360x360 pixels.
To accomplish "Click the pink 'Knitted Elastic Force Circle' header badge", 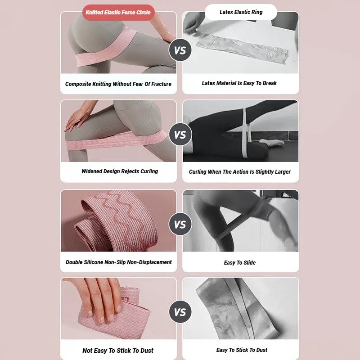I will coord(118,13).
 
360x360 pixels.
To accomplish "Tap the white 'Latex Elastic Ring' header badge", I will coord(241,12).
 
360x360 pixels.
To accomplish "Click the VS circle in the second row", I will coord(180,135).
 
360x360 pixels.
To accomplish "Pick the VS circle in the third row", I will coord(180,224).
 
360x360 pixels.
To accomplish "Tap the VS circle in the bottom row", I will coord(180,312).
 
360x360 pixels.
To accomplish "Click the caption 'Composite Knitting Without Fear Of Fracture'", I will coord(118,84).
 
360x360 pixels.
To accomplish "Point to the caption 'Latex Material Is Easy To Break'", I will coord(239,83).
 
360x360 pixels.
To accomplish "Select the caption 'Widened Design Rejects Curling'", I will coord(120,171).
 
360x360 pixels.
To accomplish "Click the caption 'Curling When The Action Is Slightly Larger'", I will coord(240,172).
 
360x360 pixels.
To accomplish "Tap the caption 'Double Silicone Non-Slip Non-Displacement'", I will coord(119,262).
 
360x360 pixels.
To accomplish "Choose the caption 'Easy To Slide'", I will coord(240,263).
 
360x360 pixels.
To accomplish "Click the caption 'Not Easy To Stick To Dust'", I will coord(118,351).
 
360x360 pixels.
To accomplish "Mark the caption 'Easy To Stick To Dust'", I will coord(242,350).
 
